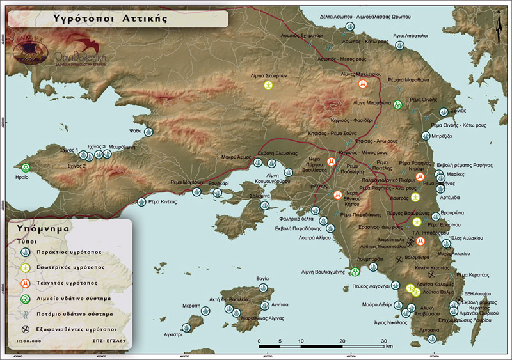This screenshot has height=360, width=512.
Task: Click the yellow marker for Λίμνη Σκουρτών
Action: (269, 85)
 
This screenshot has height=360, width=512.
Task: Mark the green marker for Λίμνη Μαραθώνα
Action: (397, 104)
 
